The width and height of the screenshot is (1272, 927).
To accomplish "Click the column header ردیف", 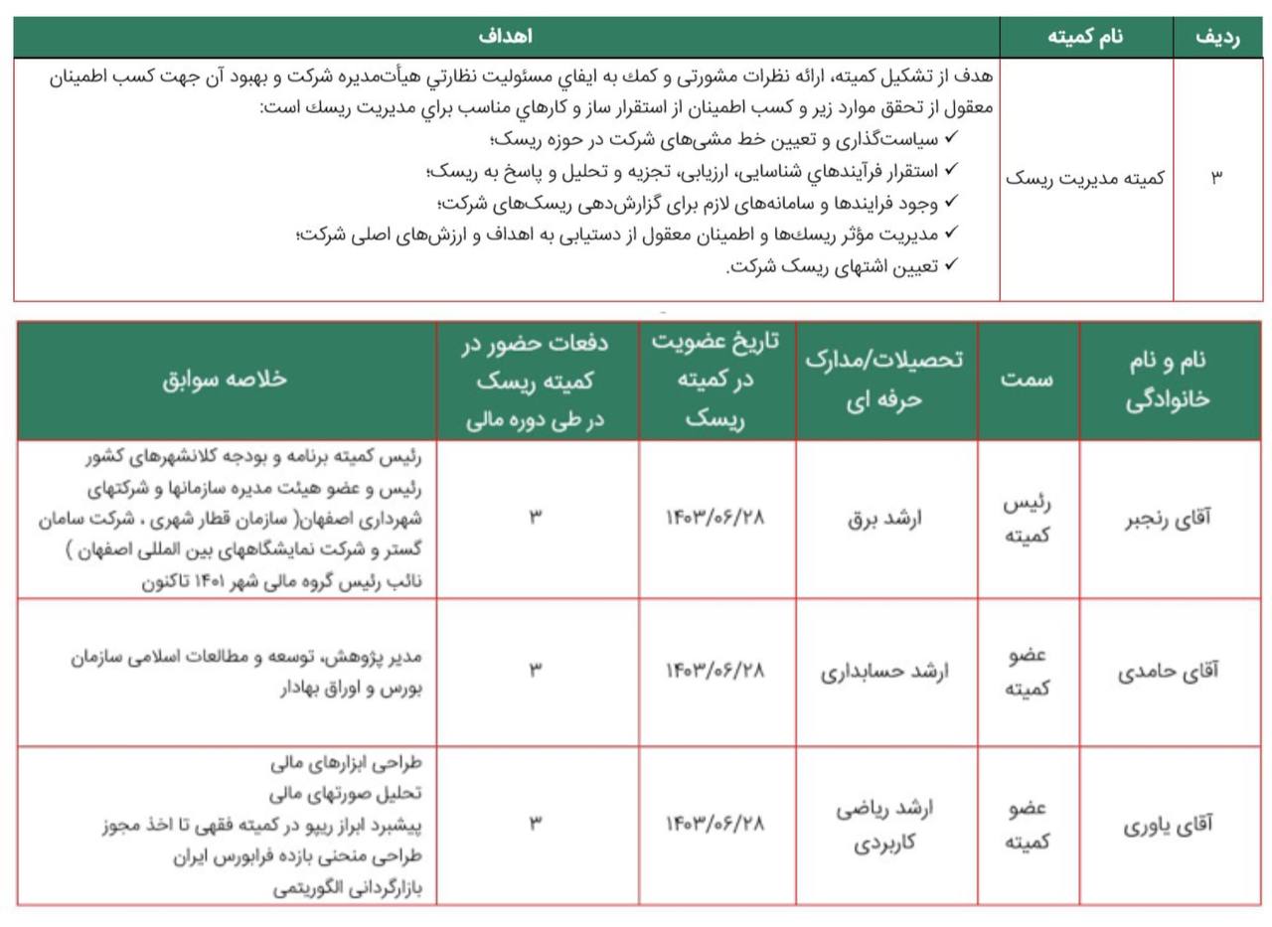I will tap(1217, 38).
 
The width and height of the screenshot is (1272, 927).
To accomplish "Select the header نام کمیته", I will tap(1085, 38).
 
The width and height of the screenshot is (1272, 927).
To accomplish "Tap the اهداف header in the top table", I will tap(505, 38).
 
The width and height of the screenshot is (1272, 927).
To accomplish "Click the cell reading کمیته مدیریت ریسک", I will tap(1085, 178).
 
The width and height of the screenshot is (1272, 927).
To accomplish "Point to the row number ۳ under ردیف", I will tap(1216, 178).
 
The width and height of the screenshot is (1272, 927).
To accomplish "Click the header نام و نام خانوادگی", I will tap(1169, 380).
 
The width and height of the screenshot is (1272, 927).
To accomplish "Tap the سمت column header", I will tap(1028, 380).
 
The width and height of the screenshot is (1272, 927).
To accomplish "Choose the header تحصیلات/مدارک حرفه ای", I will tap(884, 380).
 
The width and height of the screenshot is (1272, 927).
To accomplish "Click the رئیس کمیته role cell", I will tap(1028, 519).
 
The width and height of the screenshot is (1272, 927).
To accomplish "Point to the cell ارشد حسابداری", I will tap(884, 672).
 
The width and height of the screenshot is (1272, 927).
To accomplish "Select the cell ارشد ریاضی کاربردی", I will tap(884, 825).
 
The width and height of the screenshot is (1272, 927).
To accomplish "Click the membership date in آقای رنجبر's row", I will tap(715, 519).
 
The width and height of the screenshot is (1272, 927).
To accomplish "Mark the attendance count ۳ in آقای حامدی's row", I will tap(536, 672).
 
